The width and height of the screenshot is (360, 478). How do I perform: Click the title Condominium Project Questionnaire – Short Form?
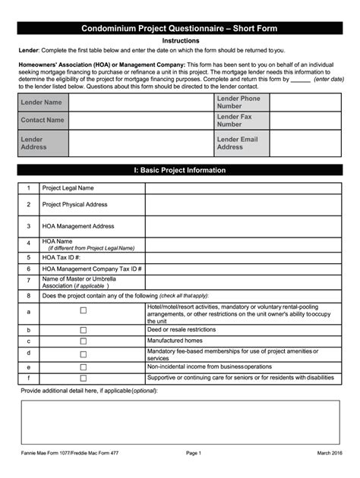(x=181, y=29)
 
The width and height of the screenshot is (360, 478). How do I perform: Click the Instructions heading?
(x=181, y=41)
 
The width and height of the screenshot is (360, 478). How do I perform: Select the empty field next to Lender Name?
(x=141, y=102)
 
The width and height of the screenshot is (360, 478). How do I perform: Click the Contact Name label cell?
(x=43, y=120)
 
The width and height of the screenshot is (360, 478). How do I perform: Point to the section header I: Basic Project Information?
(x=181, y=171)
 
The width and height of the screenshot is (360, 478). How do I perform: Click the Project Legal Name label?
(x=68, y=187)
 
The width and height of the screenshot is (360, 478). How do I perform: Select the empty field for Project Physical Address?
(x=242, y=205)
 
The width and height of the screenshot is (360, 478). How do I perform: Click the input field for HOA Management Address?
(x=242, y=226)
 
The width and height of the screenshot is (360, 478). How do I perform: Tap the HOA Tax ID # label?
(x=62, y=257)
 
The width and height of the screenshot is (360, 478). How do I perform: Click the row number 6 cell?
(x=29, y=269)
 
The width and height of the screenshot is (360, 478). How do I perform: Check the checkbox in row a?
(x=84, y=310)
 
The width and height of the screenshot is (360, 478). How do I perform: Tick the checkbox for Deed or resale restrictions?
(x=84, y=330)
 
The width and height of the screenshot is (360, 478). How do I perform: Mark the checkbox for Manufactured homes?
(x=84, y=341)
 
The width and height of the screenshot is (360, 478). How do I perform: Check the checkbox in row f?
(x=84, y=378)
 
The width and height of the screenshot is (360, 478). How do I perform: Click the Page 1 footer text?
(x=193, y=454)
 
